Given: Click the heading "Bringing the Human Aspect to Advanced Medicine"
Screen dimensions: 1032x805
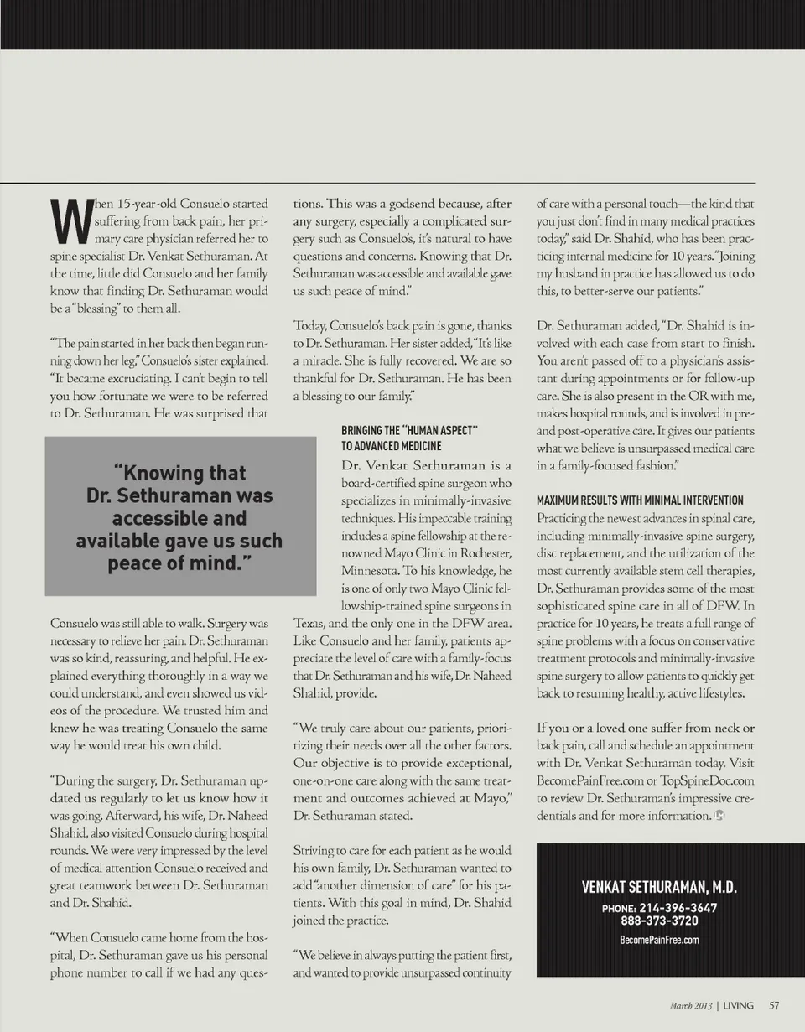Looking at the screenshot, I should click(409, 438).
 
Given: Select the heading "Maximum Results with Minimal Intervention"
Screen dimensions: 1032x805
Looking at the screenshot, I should click(639, 500).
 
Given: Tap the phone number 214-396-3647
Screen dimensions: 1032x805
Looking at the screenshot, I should click(678, 908).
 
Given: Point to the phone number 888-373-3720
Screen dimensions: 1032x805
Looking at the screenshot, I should click(659, 921).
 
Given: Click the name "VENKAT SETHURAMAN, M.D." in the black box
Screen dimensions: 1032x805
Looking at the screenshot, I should click(658, 888).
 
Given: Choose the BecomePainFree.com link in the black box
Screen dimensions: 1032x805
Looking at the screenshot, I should click(658, 940).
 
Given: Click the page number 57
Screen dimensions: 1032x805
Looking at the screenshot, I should click(774, 1004).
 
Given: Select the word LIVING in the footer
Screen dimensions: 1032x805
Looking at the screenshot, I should click(739, 1004).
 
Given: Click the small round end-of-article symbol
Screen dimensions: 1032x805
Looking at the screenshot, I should click(718, 816).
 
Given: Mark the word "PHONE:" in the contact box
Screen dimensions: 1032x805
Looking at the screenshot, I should click(618, 909).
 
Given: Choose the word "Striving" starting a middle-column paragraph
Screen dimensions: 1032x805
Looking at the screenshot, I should click(315, 851).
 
